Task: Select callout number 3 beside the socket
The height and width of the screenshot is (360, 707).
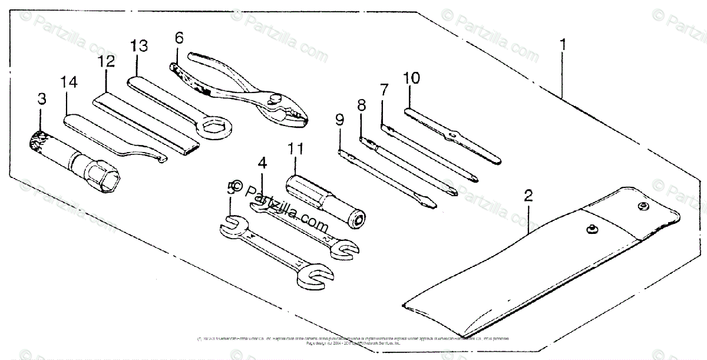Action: click(41, 100)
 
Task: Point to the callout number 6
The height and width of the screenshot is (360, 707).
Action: click(179, 38)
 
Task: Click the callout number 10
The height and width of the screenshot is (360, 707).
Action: click(411, 78)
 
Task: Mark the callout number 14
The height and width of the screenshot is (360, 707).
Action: click(69, 83)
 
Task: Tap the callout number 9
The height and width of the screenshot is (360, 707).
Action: click(339, 121)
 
